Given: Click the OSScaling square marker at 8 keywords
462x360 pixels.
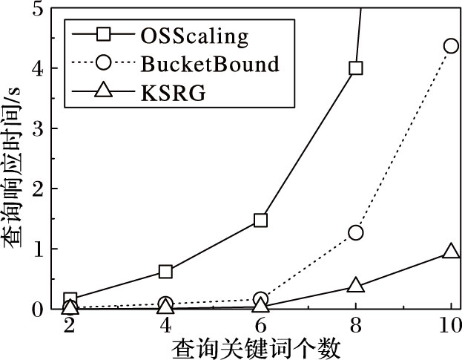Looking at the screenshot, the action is pos(356,68).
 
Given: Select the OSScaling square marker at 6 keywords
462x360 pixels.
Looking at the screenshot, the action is pos(260,220).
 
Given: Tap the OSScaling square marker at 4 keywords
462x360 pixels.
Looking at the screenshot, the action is pos(165,271).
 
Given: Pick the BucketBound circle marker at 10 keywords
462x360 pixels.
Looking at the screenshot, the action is pos(451,45).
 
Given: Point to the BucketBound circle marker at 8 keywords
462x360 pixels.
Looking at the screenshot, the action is pos(356,232).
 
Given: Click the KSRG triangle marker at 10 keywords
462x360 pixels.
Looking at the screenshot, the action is pos(451,251).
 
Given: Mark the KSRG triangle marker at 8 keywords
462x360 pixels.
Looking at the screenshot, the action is pos(356,285).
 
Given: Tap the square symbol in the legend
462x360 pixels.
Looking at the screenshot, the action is pos(104,35).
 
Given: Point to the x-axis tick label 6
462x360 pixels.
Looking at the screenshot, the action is pos(260,327).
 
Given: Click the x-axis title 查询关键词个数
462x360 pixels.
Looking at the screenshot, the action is pos(257,348).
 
